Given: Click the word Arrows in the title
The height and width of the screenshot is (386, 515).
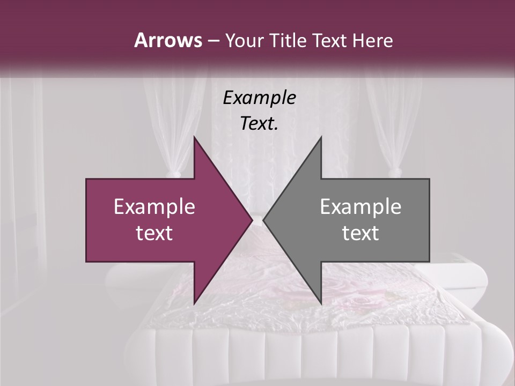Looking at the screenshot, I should [x=167, y=40].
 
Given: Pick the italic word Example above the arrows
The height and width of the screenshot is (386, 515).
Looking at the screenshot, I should [x=259, y=98].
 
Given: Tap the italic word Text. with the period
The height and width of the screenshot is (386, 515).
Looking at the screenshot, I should [x=259, y=124].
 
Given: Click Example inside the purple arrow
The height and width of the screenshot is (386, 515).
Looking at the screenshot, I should [x=154, y=207].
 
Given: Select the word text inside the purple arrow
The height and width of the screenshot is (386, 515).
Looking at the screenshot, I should [x=154, y=233].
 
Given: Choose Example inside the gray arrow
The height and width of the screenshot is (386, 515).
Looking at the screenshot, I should [x=360, y=207].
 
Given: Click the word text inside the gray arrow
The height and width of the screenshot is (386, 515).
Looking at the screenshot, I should [x=360, y=233].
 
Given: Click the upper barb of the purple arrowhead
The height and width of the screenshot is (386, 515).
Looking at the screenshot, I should [x=195, y=140].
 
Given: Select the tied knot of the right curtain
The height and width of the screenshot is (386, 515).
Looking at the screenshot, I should [x=398, y=172].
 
